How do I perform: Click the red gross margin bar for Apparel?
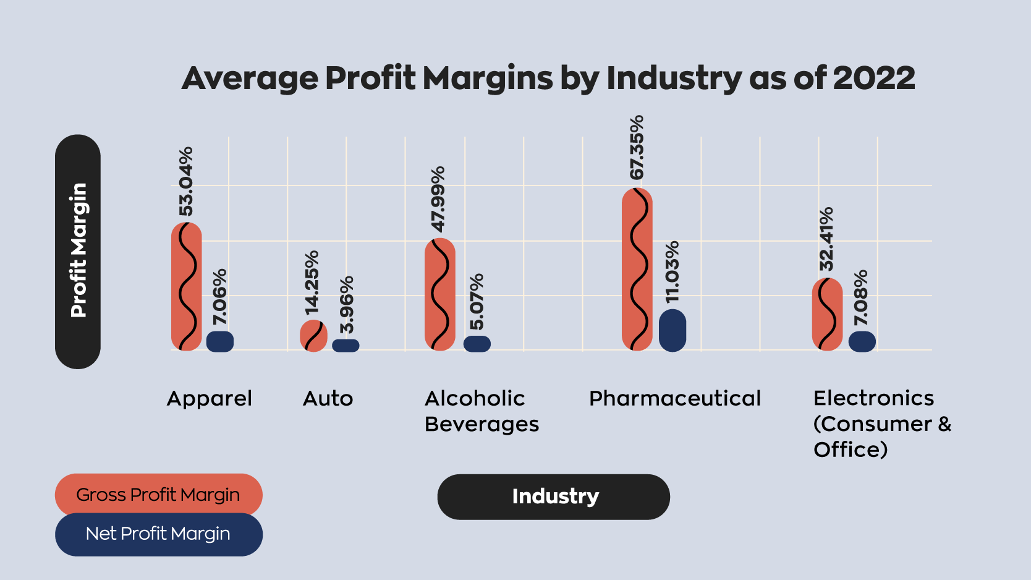tap(186, 286)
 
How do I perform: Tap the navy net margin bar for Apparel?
tap(220, 341)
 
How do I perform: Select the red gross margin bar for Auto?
tap(313, 336)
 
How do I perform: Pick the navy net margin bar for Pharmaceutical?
tap(672, 330)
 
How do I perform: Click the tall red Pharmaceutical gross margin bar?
tap(637, 269)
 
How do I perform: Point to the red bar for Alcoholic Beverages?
tap(440, 294)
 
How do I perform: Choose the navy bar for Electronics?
tap(862, 341)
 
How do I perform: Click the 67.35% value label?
tap(637, 147)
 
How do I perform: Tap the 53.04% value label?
tap(186, 181)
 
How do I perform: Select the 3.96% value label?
tap(347, 305)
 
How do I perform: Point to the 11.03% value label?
tap(672, 272)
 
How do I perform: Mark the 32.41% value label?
tap(826, 239)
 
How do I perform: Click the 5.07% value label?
tap(477, 302)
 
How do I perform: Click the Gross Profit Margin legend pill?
tap(158, 495)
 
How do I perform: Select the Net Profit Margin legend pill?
tap(158, 534)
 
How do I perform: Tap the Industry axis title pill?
tap(554, 497)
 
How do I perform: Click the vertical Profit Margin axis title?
tap(78, 251)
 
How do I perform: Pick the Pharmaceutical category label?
tap(674, 399)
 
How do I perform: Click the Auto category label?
tap(328, 399)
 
